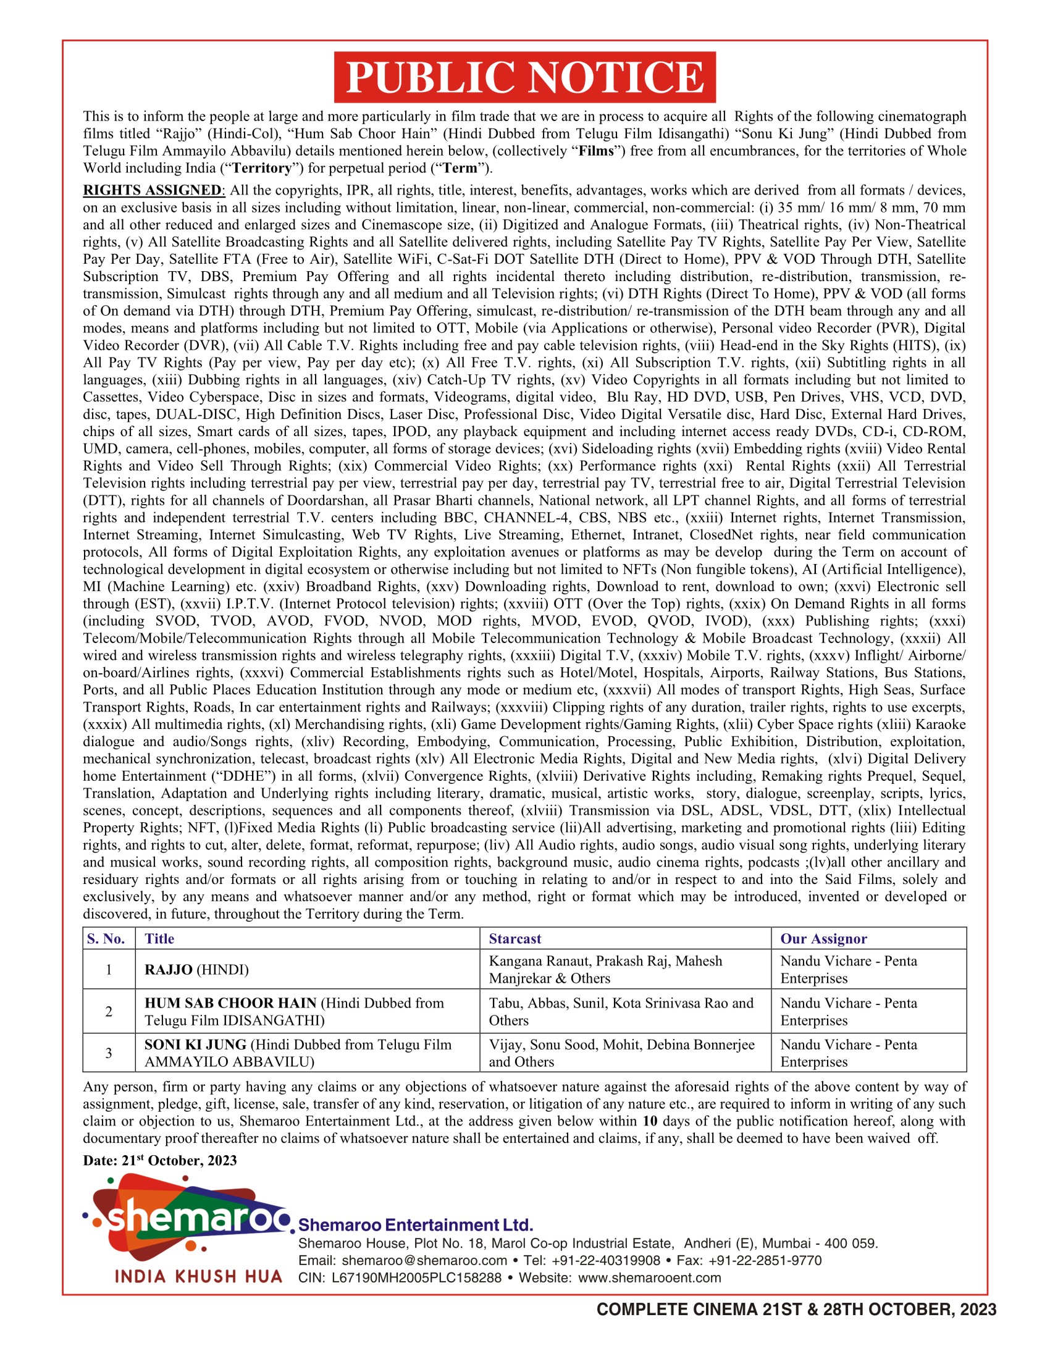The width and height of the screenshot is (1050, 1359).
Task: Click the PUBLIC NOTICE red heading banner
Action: pyautogui.click(x=524, y=77)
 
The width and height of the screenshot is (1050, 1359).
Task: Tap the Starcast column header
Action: pyautogui.click(x=515, y=939)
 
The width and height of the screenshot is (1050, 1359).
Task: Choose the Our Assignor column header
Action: pyautogui.click(x=823, y=939)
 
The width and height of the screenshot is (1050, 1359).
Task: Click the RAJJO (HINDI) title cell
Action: pyautogui.click(x=196, y=970)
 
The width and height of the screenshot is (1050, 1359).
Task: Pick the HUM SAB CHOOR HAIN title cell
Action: pyautogui.click(x=293, y=1012)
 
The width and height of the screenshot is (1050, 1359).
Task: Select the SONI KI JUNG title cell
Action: pyautogui.click(x=297, y=1053)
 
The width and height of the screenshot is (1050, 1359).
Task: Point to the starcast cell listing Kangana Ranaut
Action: pyautogui.click(x=605, y=969)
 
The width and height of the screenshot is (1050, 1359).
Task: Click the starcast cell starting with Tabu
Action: pyautogui.click(x=620, y=1012)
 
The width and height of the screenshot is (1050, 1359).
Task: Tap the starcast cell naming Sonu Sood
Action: pyautogui.click(x=621, y=1053)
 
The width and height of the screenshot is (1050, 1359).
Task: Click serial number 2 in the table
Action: pyautogui.click(x=109, y=1012)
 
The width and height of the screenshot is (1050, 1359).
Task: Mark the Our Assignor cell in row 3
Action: pyautogui.click(x=849, y=1053)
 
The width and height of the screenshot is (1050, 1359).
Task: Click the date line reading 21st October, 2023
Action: pyautogui.click(x=160, y=1161)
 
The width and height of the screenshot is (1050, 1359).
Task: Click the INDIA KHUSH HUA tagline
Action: pyautogui.click(x=198, y=1277)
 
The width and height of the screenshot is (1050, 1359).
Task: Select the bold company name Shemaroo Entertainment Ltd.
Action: pyautogui.click(x=416, y=1225)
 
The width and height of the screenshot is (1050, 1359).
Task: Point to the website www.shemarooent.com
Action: pyautogui.click(x=649, y=1278)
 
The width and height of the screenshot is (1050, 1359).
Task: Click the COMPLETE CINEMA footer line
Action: pyautogui.click(x=796, y=1310)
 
